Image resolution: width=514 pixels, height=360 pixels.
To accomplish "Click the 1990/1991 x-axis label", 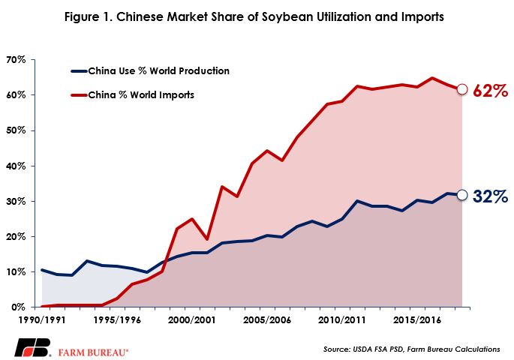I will pos(42,319).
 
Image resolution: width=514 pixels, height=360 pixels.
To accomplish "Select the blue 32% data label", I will pos(491,196).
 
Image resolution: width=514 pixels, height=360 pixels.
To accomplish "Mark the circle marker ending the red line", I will pos(462,89).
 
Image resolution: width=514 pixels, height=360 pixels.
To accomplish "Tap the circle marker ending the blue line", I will pos(462,196).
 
